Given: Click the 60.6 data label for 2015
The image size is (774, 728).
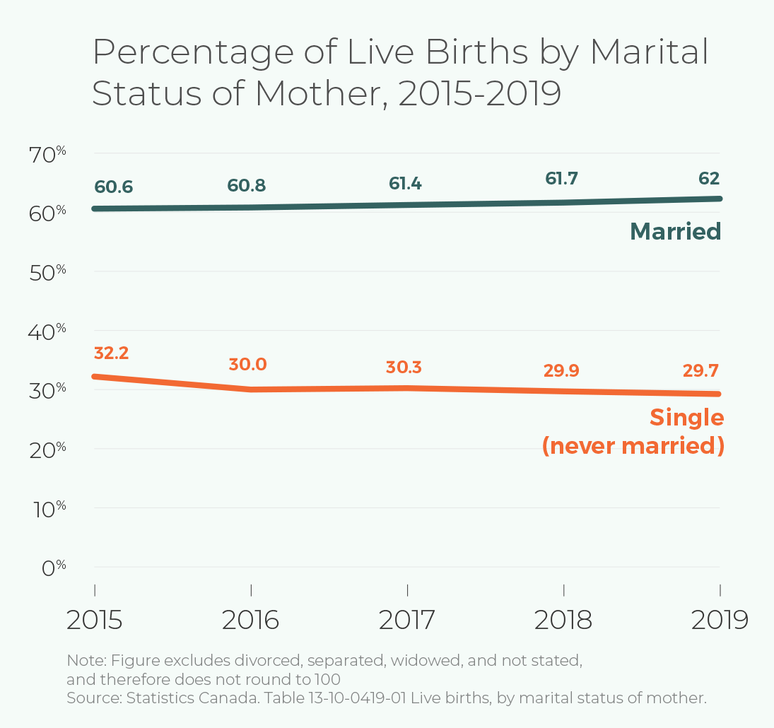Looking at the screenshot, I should coord(113,187).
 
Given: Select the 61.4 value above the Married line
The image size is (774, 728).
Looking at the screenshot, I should coord(405,184).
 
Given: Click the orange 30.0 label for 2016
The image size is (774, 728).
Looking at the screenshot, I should coord(247,365).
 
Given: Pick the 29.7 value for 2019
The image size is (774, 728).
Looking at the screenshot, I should coord(702,371).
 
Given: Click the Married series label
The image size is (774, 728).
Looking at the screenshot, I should coord(675,231).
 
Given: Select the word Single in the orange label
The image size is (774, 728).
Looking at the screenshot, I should coord(687,418).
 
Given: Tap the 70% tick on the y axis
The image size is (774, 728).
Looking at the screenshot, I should coord(47,153).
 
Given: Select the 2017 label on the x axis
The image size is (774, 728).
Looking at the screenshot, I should coord(407,621).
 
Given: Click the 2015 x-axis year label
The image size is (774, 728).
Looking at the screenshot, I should coord(95,621).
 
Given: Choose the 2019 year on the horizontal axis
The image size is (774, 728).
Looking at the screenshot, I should coord(719,621).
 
